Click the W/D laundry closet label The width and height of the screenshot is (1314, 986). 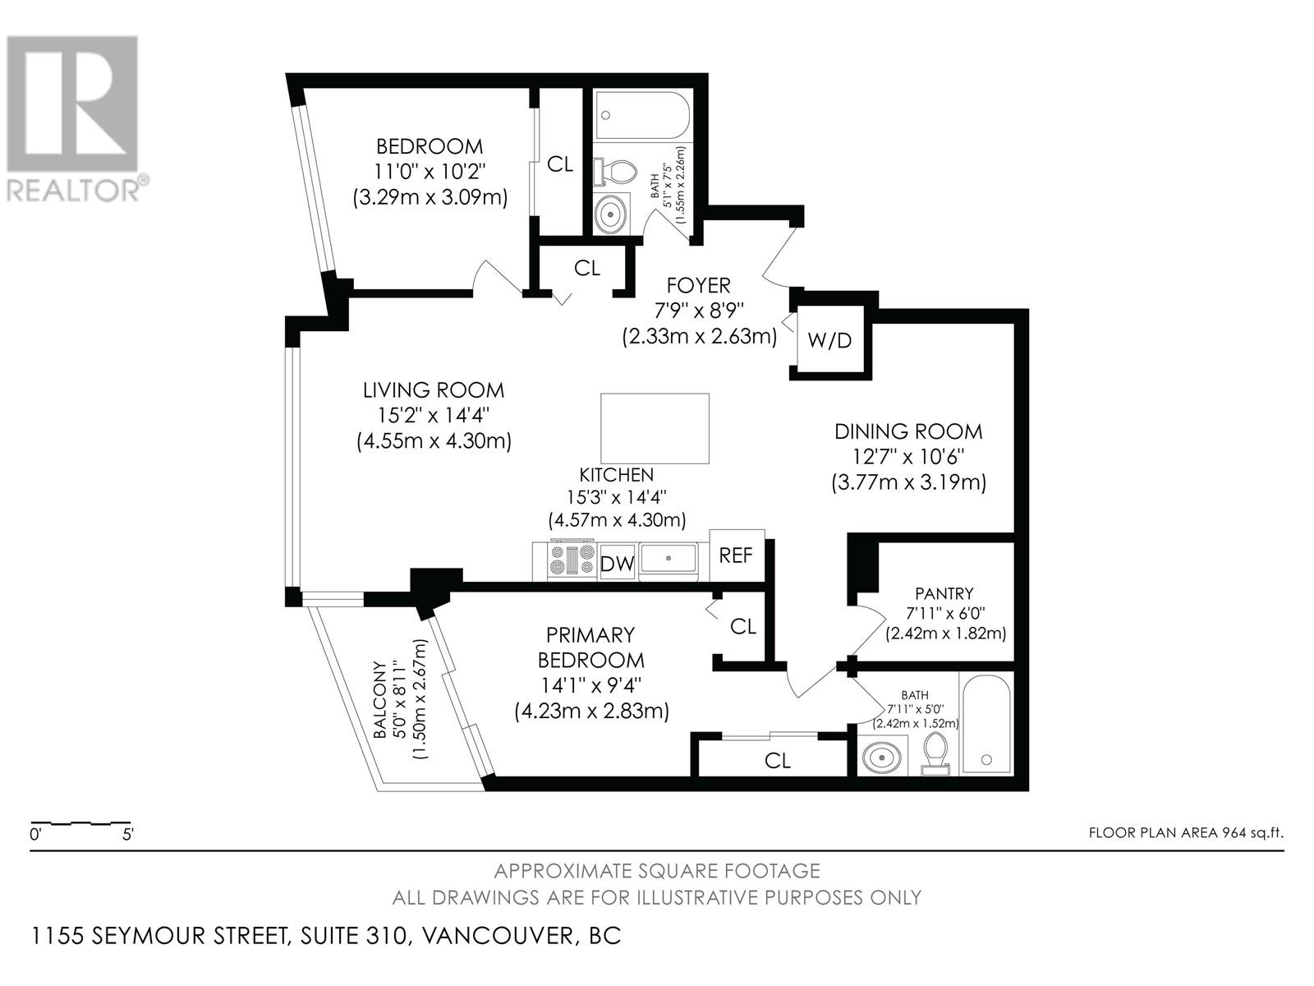point(829,341)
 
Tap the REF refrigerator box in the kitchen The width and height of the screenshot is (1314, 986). point(737,555)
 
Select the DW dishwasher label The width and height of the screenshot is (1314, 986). point(617,564)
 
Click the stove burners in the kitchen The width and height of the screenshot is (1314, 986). point(571,560)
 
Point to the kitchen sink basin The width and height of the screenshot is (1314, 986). point(668,558)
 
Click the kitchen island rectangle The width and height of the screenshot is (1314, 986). point(655,429)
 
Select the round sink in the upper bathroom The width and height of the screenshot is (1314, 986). point(611,213)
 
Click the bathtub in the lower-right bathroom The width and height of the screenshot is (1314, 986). point(986,725)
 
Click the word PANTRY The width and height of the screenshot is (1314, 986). point(944,594)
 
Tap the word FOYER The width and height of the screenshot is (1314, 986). point(699,286)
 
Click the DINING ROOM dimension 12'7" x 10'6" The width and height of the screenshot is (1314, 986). point(909,457)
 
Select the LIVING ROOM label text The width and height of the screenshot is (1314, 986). point(434,390)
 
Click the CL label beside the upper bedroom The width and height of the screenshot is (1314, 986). point(560,164)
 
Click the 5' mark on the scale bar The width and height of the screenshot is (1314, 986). point(127,835)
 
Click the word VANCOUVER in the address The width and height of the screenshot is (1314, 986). point(498,935)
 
